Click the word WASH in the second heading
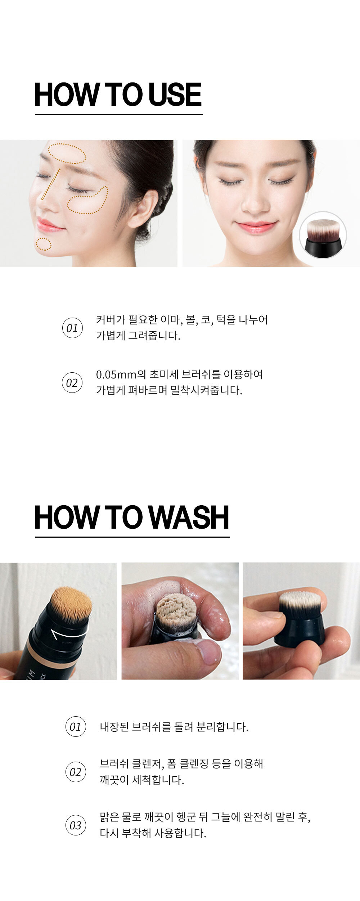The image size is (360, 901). pyautogui.click(x=188, y=517)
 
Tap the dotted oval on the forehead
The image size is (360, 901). pyautogui.click(x=67, y=153)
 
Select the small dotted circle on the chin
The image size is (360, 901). pyautogui.click(x=44, y=244)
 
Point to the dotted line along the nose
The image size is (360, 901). pyautogui.click(x=50, y=184)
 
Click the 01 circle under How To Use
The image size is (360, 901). pyautogui.click(x=72, y=328)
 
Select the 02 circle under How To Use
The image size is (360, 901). pyautogui.click(x=72, y=382)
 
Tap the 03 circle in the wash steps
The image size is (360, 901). pyautogui.click(x=76, y=825)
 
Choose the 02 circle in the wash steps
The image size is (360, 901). pyautogui.click(x=76, y=772)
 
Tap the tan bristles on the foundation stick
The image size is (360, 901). pyautogui.click(x=71, y=603)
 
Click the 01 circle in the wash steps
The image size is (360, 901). pyautogui.click(x=76, y=726)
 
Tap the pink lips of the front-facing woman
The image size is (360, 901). pyautogui.click(x=256, y=227)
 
